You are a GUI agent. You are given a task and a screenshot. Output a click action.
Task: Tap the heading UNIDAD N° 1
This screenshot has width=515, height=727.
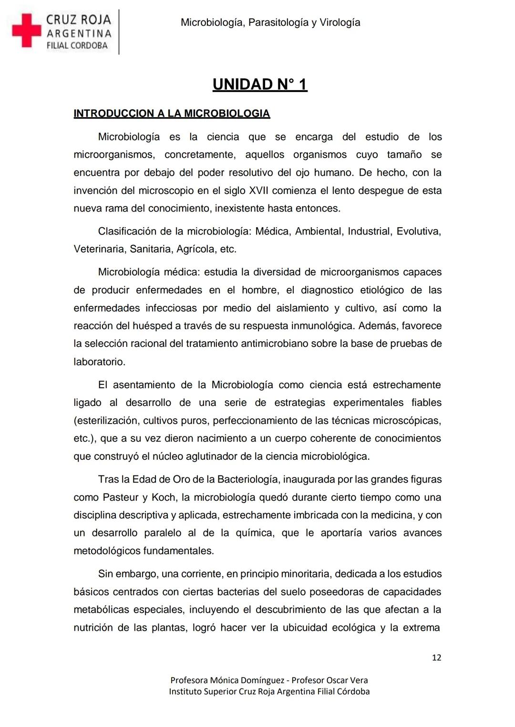coord(260,84)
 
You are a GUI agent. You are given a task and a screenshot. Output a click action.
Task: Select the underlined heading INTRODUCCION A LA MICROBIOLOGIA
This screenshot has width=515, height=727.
coord(172,113)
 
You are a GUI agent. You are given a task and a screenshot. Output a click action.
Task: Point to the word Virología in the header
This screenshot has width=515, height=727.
coord(340,22)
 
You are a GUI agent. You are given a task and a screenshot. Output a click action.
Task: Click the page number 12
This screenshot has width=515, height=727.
coord(436,657)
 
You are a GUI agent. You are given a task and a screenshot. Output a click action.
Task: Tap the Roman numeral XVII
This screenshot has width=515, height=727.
coord(259,191)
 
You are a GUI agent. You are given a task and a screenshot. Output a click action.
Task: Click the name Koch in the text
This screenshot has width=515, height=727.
coord(164,497)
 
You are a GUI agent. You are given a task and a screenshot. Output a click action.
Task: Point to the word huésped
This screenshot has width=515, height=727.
coord(153,326)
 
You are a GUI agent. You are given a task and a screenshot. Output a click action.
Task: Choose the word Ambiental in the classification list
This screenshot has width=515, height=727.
coord(318,232)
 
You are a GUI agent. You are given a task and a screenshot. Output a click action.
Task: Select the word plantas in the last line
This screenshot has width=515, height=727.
coord(169,628)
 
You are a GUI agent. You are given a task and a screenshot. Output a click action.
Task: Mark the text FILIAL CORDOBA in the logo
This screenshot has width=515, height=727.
coord(77,46)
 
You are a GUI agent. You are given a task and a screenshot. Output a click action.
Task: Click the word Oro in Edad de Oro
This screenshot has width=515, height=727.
coord(181,479)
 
